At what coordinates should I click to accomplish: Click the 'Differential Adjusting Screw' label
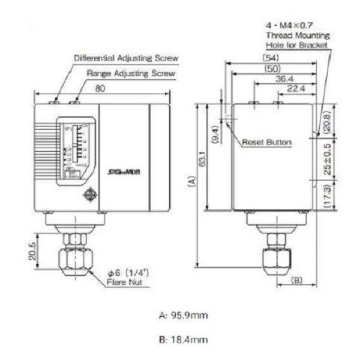(126, 59)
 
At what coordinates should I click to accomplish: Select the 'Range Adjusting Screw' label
(131, 73)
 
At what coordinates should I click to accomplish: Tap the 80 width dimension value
(103, 88)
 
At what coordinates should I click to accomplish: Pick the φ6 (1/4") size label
(128, 272)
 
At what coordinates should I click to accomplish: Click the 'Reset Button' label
(267, 142)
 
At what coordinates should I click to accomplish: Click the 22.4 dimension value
(293, 89)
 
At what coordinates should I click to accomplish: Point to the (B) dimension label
(297, 280)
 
